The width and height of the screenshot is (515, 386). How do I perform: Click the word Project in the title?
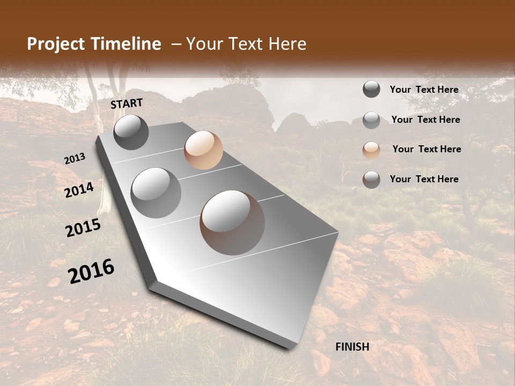55,44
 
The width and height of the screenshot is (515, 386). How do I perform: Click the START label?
127,103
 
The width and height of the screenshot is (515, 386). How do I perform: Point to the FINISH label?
352,347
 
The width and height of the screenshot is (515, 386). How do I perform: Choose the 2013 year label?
75,159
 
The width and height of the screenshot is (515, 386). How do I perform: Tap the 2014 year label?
79,190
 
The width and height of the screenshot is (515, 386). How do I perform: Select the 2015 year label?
83,228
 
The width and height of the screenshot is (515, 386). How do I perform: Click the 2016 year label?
91,271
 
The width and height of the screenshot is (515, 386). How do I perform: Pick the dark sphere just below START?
131,132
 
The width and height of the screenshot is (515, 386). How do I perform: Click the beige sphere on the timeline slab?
203,150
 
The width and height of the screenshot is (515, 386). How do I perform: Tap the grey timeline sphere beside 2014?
156,192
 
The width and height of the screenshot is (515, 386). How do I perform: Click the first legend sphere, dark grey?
371,90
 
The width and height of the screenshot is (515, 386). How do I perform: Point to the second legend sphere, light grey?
371,120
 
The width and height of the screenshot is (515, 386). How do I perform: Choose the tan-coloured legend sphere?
371,150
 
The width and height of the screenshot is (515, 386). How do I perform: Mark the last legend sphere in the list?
371,180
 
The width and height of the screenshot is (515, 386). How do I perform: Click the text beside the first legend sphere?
424,90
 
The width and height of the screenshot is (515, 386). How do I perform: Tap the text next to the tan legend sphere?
426,149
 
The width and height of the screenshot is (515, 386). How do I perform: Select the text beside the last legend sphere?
424,179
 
